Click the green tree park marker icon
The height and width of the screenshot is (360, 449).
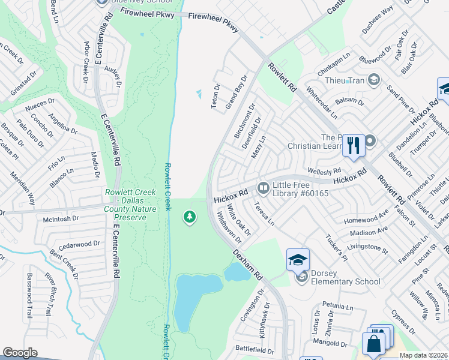point(190,216)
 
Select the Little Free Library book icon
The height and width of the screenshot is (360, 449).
point(263,188)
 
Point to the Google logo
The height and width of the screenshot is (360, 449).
point(20,353)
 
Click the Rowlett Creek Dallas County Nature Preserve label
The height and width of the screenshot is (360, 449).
point(130,205)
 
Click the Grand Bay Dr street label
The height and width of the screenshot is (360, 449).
point(237,92)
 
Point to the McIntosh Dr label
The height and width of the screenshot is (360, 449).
point(61,219)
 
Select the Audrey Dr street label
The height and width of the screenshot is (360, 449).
point(113,77)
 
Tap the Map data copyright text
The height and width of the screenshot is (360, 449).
point(423,355)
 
